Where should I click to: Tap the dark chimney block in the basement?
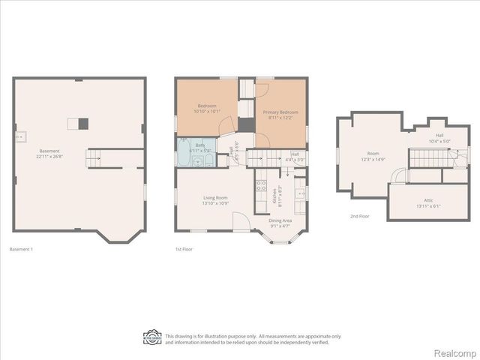click(x=84, y=124)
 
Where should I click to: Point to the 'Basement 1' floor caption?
click(x=21, y=248)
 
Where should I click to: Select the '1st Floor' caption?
click(x=183, y=248)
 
